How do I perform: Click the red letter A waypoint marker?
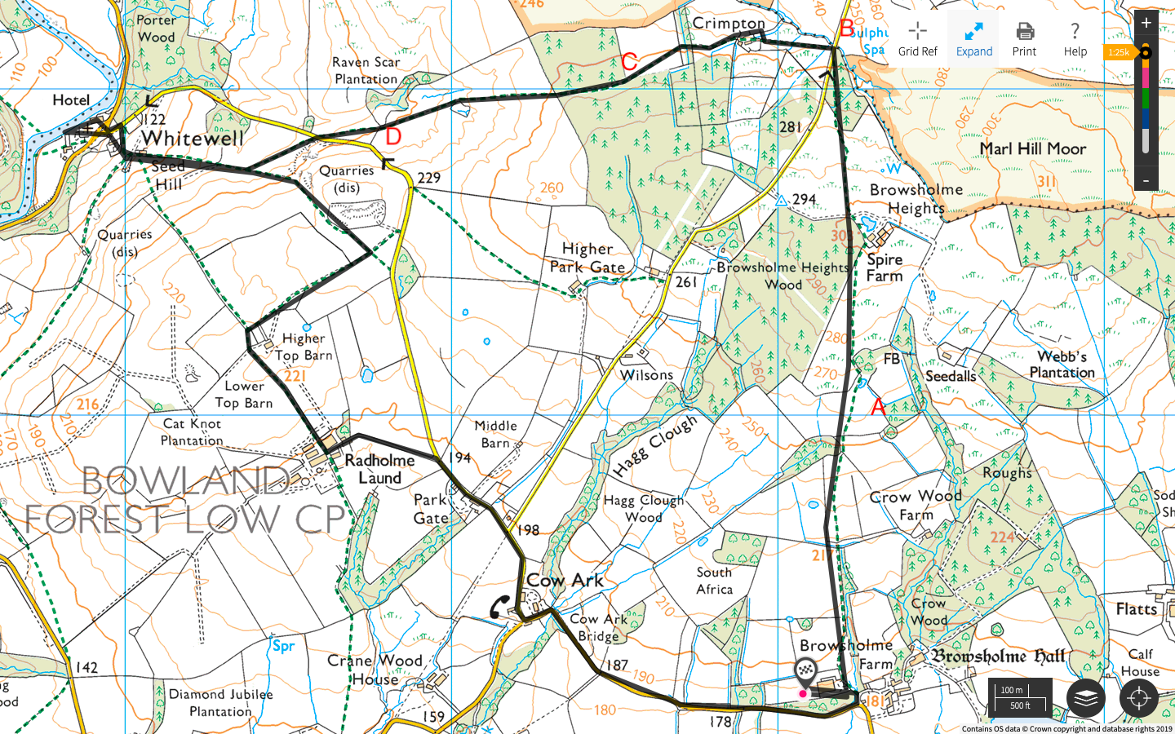click(878, 406)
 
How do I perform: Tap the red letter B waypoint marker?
click(847, 29)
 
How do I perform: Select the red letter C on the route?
click(629, 62)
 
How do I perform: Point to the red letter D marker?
click(393, 136)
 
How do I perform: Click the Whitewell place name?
click(193, 139)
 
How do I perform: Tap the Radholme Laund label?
click(379, 469)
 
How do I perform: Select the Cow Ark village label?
click(565, 581)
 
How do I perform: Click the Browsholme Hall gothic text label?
click(999, 657)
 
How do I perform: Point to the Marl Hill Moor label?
click(1032, 149)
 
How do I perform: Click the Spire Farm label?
click(885, 268)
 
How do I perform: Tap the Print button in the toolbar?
click(1024, 39)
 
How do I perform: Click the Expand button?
click(973, 39)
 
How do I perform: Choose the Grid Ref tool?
click(918, 39)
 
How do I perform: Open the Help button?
click(1075, 39)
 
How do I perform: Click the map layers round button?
click(1085, 698)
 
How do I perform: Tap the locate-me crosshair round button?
click(1139, 698)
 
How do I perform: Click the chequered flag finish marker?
click(806, 671)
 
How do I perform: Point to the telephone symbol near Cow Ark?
click(499, 607)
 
